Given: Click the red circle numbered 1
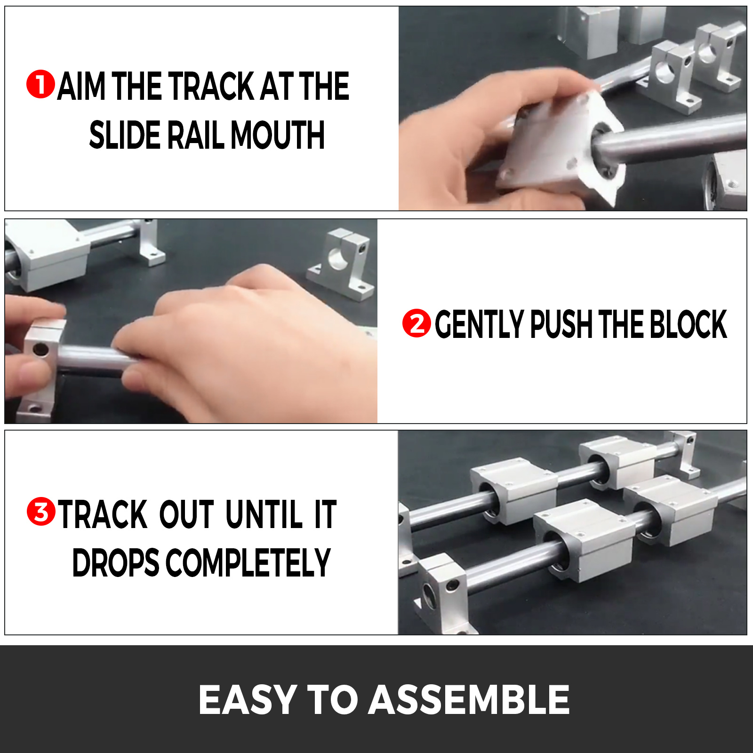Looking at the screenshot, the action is pyautogui.click(x=40, y=85).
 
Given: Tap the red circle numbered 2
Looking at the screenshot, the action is pyautogui.click(x=417, y=323).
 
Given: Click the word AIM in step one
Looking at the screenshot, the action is pyautogui.click(x=81, y=86).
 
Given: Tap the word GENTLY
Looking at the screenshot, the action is pyautogui.click(x=480, y=324).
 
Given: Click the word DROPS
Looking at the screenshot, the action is pyautogui.click(x=116, y=562).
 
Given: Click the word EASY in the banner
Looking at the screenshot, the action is pyautogui.click(x=248, y=699).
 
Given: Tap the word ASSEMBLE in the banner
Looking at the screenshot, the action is pyautogui.click(x=469, y=699).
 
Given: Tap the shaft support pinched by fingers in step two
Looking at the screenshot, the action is pyautogui.click(x=40, y=367).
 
